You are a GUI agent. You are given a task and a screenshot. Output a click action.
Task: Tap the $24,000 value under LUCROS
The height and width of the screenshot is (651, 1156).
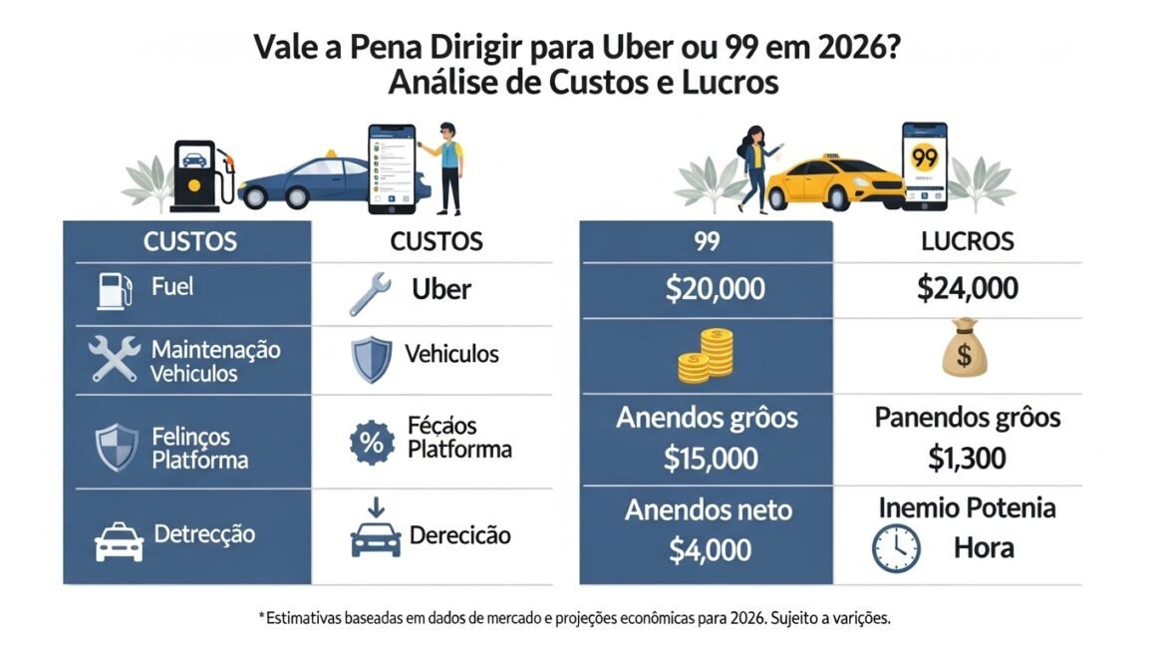[x=967, y=289]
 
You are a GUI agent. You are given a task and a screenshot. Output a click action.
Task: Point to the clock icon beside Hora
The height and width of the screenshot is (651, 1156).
[x=895, y=549]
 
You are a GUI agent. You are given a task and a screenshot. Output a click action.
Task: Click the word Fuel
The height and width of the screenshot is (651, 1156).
[x=172, y=287]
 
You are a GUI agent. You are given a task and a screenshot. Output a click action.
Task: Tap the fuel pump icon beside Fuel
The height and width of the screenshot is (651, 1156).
[x=114, y=289]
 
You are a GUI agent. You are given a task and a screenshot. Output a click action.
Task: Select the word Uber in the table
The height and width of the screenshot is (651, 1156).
[x=440, y=289]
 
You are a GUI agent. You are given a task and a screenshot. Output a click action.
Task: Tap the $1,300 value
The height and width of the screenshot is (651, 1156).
[x=967, y=458]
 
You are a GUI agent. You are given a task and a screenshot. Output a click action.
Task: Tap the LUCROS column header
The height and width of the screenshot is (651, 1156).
[x=967, y=240]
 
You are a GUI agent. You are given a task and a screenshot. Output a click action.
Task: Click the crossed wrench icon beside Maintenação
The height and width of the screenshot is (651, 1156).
[x=114, y=360]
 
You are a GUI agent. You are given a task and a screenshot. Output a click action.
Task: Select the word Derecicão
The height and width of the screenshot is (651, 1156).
[x=459, y=535]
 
